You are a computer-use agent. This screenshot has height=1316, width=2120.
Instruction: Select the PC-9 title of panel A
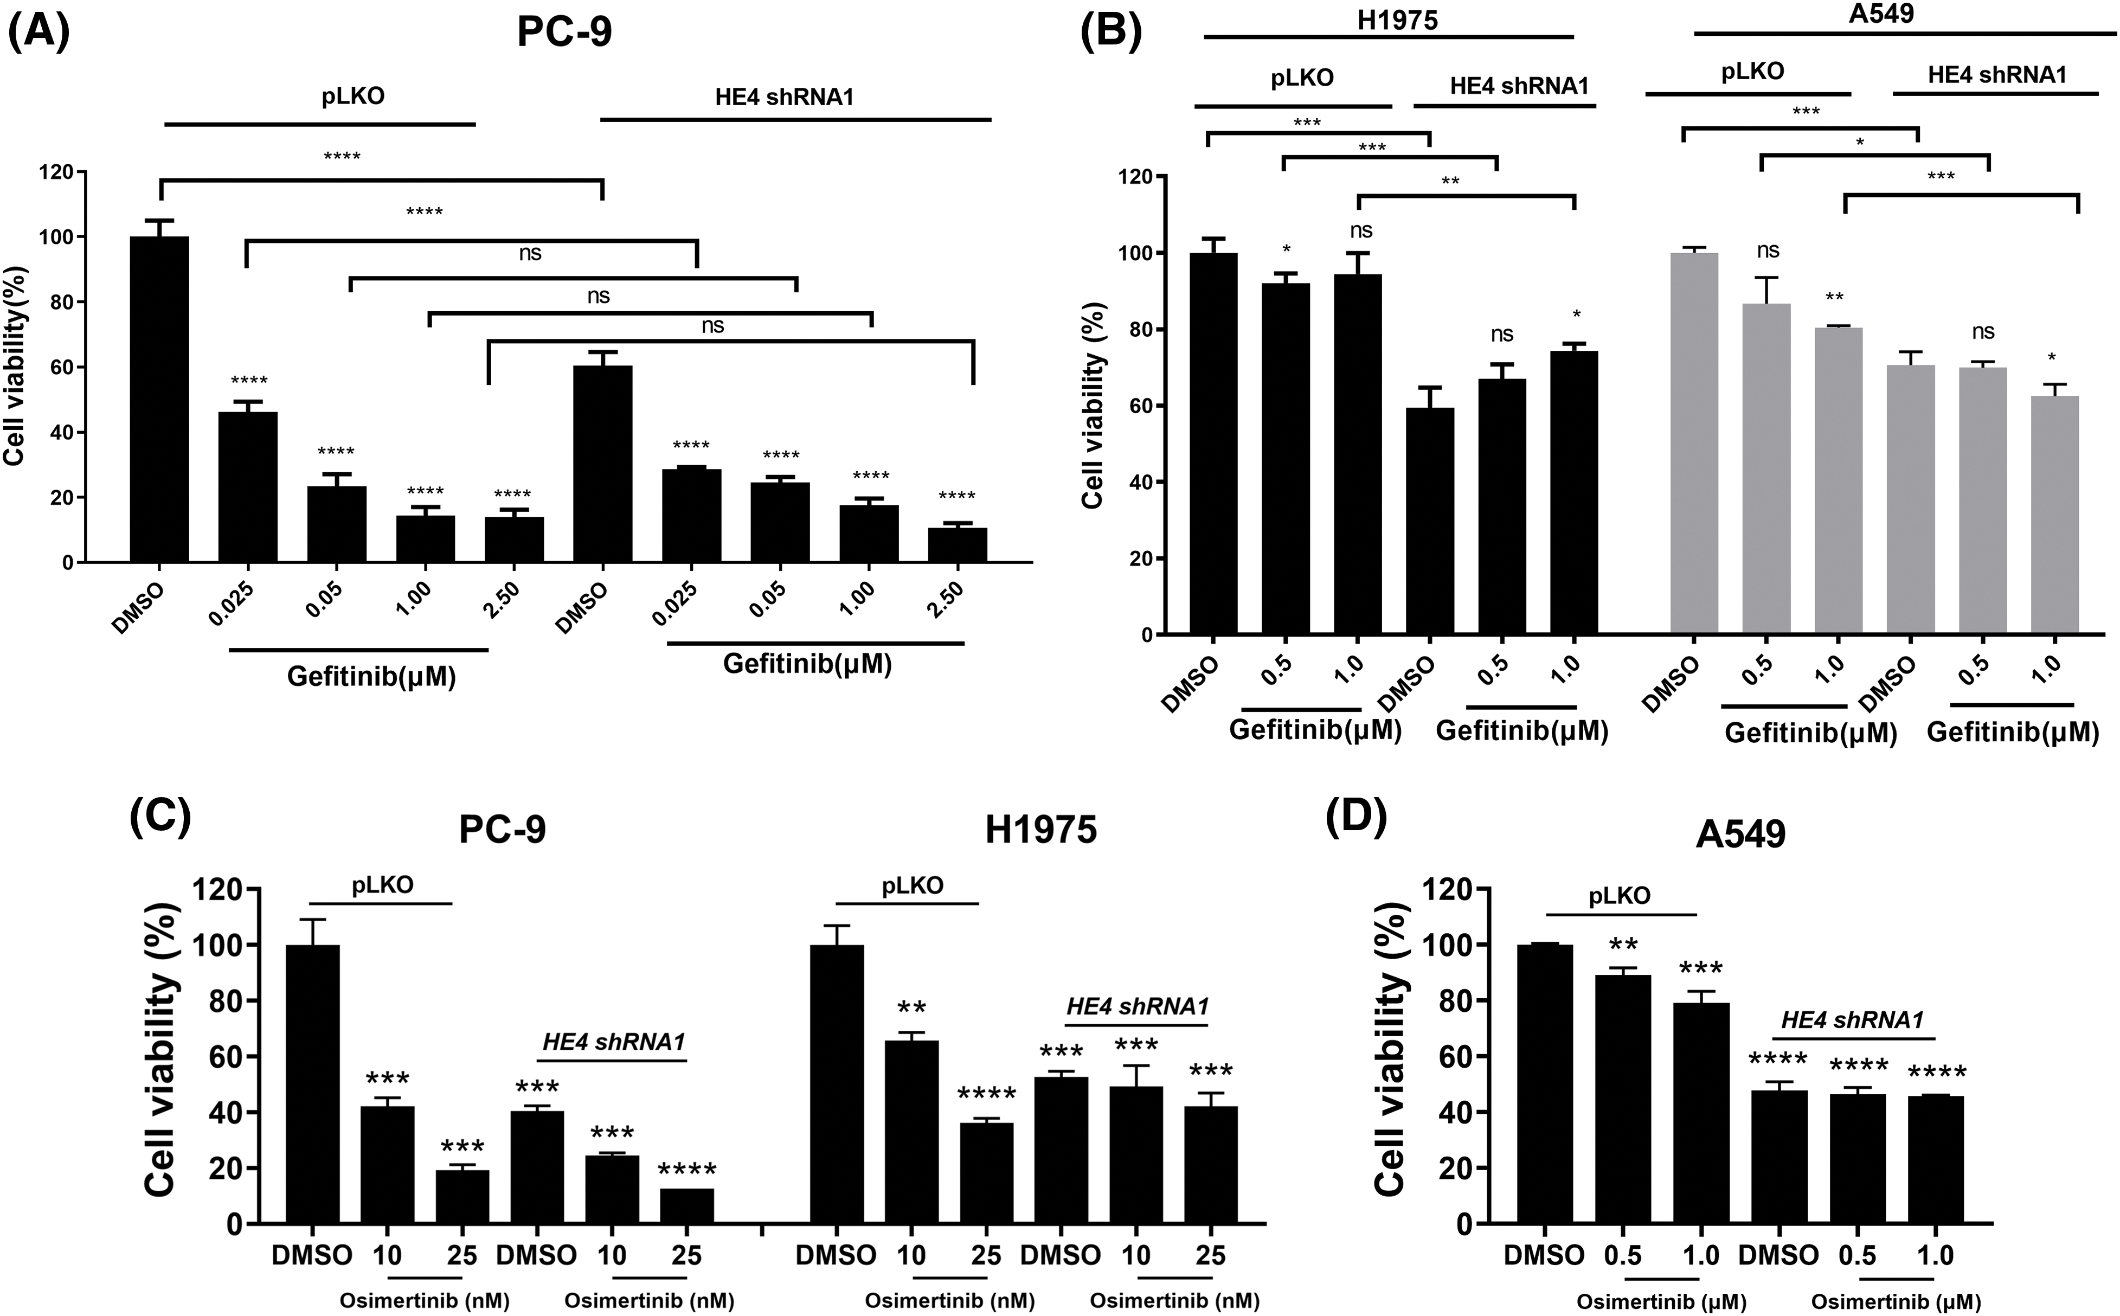pyautogui.click(x=564, y=32)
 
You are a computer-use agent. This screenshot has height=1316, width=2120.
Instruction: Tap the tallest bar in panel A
pyautogui.click(x=159, y=400)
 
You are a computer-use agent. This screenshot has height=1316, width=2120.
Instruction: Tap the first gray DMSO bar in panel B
pyautogui.click(x=1694, y=444)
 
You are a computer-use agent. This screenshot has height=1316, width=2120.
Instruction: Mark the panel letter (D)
pyautogui.click(x=1356, y=818)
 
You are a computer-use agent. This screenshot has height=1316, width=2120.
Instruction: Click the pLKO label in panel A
pyautogui.click(x=354, y=96)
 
